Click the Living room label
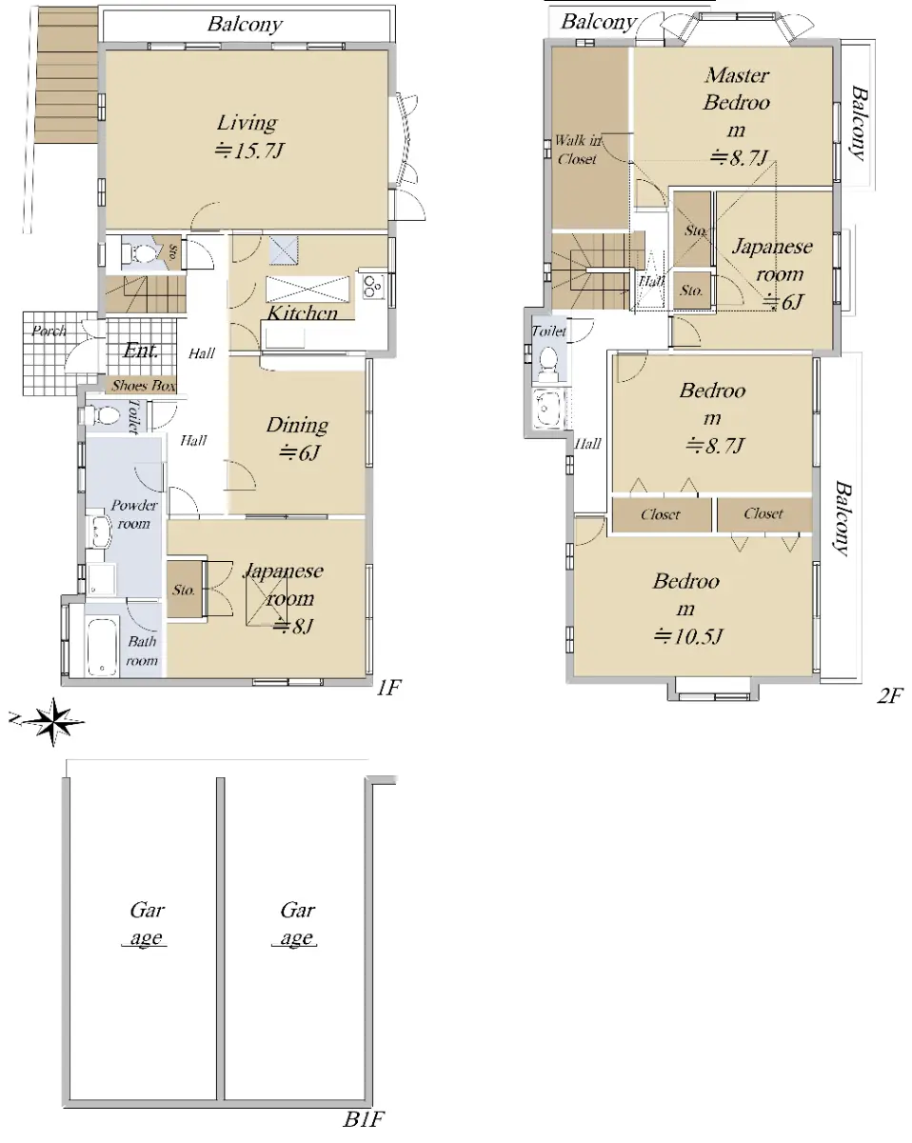click(x=247, y=123)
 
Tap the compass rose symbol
click(x=52, y=721)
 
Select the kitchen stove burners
click(x=372, y=287)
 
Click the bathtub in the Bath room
click(x=102, y=646)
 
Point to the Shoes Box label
click(x=144, y=385)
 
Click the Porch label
click(x=49, y=331)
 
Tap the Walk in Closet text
click(x=578, y=150)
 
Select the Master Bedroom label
click(x=736, y=103)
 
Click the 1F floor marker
click(x=388, y=689)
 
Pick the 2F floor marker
click(x=889, y=695)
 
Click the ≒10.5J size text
click(x=688, y=635)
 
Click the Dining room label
click(x=297, y=425)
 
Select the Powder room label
click(x=134, y=514)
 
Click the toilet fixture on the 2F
click(x=546, y=363)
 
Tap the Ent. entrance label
click(x=141, y=351)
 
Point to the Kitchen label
click(x=302, y=312)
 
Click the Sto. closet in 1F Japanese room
click(x=184, y=590)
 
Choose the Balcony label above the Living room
click(x=245, y=25)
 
